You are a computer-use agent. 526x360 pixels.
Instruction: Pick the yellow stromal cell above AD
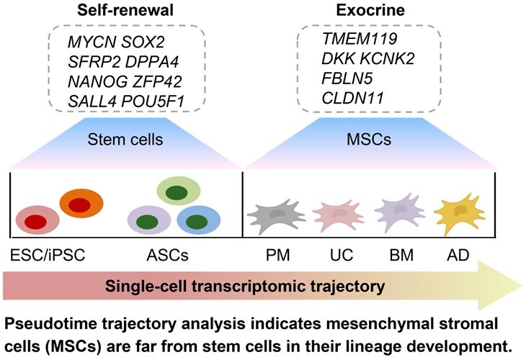coord(460,212)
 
